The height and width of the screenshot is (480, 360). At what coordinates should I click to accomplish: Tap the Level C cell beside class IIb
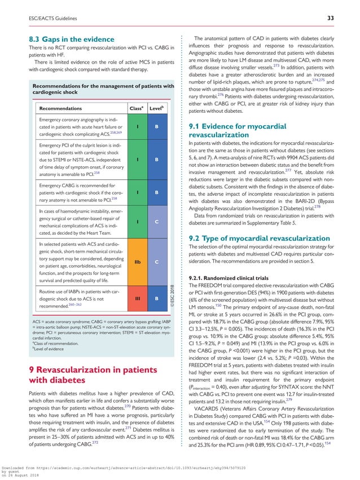click(x=156, y=262)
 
